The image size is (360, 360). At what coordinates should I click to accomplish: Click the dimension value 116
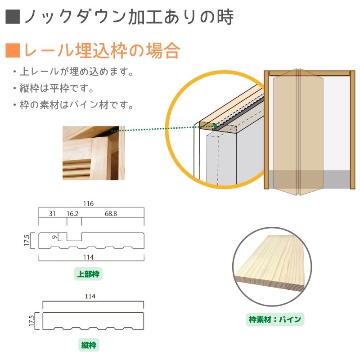coord(88,204)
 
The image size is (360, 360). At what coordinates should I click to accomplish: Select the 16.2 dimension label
coord(72,214)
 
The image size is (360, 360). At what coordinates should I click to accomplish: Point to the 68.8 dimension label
coord(111,214)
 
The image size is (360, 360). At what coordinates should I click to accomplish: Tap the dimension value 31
coord(52,214)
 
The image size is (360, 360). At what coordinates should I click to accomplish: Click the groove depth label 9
coord(54,237)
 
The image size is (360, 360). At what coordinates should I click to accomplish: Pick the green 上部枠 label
coord(88,274)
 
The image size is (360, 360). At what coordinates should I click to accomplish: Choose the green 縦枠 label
coord(89,345)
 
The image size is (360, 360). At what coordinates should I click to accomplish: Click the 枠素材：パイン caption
coord(275,319)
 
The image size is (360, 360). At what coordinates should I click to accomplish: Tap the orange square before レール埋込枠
coord(13,50)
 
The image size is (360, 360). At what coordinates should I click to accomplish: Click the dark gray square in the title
coord(13,17)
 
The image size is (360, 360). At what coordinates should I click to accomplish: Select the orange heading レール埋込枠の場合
coord(102,50)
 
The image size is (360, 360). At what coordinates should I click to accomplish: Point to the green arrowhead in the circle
coord(215,126)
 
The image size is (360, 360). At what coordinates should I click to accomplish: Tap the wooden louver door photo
coord(94,153)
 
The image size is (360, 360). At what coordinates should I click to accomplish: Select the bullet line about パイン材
coord(73,105)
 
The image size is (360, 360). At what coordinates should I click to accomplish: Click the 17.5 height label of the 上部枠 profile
coord(27,240)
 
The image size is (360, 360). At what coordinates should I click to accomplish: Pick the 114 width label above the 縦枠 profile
coord(90,297)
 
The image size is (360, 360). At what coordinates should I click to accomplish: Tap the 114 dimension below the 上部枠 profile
coord(88,257)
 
